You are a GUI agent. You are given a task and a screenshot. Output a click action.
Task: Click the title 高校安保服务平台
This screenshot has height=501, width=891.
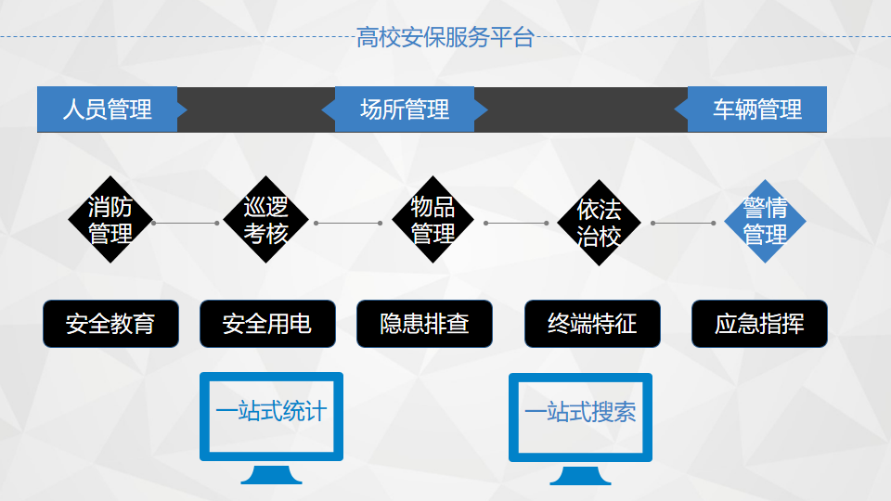(x=445, y=37)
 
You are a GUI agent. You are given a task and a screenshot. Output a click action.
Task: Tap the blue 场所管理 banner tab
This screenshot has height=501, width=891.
(x=405, y=109)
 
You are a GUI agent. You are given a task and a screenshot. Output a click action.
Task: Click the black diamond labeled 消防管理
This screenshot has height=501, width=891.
(x=110, y=220)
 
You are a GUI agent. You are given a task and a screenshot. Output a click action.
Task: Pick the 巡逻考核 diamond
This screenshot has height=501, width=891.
(x=265, y=220)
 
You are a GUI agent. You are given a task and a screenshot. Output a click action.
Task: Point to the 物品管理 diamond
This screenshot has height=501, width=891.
(x=433, y=220)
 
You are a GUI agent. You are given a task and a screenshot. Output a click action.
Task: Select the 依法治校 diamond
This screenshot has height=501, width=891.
(x=599, y=223)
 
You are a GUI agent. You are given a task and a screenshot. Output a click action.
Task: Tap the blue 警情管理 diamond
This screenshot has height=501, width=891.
(x=765, y=222)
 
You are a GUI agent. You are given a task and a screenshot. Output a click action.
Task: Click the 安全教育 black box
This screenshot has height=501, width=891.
(x=110, y=324)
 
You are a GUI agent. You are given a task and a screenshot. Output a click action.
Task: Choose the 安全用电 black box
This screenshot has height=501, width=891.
(x=267, y=324)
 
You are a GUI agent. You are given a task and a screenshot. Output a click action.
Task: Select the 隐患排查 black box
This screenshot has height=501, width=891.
(x=424, y=324)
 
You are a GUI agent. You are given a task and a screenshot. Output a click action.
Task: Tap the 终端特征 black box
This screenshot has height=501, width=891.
(x=592, y=324)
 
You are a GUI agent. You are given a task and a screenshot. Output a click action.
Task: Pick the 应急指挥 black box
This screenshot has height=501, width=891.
(x=759, y=324)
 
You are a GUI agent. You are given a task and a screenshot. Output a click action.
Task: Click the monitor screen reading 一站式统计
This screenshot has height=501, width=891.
(x=271, y=417)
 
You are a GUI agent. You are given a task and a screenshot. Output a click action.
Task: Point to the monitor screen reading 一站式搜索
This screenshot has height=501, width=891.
(x=580, y=417)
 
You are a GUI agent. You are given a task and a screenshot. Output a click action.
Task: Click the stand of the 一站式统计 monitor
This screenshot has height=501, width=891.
(x=271, y=475)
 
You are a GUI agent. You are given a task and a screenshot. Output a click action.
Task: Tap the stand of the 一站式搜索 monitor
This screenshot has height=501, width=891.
(x=580, y=475)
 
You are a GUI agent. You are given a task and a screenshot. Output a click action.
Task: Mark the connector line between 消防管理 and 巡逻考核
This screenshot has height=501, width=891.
(x=186, y=224)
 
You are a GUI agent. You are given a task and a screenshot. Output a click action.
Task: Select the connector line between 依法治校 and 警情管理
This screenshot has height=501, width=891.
(x=683, y=224)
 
